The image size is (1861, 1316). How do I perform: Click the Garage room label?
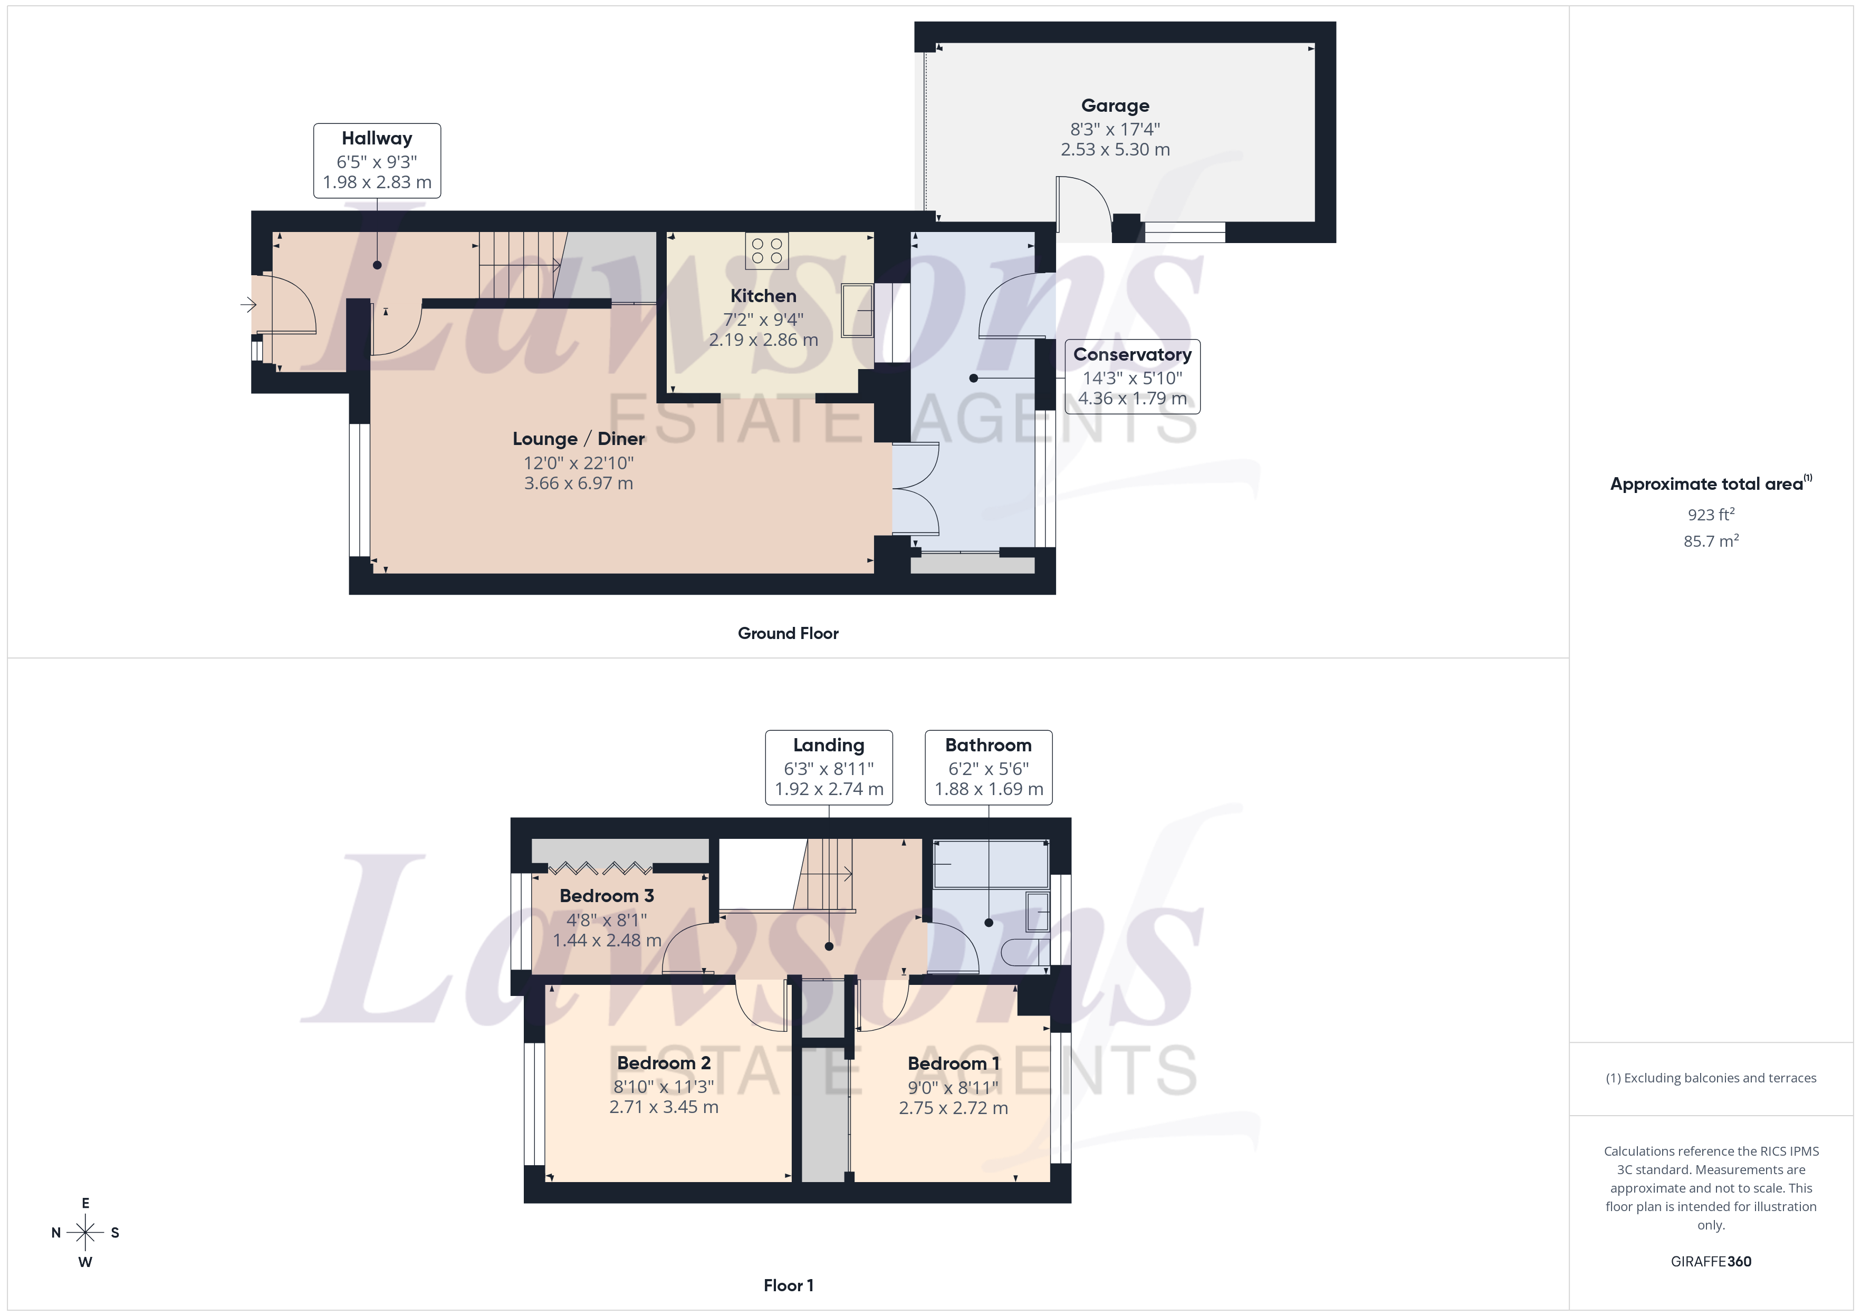(1115, 105)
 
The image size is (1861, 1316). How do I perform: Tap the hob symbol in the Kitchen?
(767, 250)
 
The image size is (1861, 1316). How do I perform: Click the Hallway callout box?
(377, 160)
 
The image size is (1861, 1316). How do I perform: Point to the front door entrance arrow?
(248, 305)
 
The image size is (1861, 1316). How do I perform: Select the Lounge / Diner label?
(578, 438)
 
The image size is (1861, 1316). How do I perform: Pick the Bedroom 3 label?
(606, 895)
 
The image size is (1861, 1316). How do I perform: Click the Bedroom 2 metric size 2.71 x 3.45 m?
(663, 1107)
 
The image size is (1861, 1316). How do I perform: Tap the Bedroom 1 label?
(953, 1063)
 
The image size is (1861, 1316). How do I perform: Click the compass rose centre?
(85, 1233)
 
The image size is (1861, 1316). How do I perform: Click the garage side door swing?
(1083, 207)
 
